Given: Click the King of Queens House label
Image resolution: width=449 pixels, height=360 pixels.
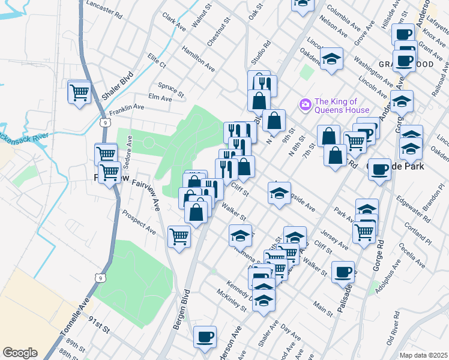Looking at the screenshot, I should pyautogui.click(x=340, y=106).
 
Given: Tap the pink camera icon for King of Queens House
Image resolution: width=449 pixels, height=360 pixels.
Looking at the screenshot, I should pyautogui.click(x=306, y=106).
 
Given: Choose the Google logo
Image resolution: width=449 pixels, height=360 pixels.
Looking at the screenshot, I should pyautogui.click(x=20, y=353).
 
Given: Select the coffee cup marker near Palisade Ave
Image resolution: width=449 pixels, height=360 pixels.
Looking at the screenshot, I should pyautogui.click(x=343, y=272).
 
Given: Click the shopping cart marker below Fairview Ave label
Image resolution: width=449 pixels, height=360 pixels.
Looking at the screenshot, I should pyautogui.click(x=179, y=236).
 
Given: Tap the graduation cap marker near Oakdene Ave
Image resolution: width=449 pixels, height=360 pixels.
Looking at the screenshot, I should pyautogui.click(x=331, y=59).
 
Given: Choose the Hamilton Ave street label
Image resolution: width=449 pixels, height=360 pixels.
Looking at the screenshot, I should pyautogui.click(x=198, y=60).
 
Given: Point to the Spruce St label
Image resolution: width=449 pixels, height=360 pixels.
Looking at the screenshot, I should pyautogui.click(x=172, y=89).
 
